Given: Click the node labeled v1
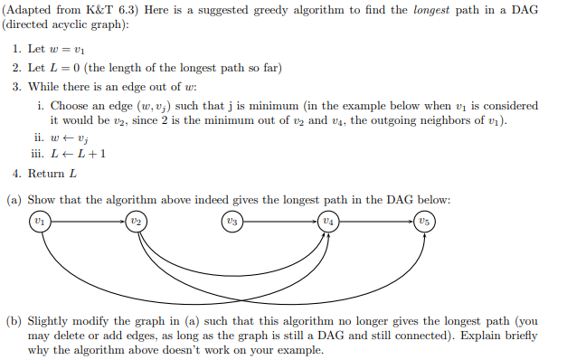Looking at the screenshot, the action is [37, 220].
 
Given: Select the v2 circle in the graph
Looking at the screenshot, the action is [136, 220].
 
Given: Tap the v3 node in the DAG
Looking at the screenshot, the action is [233, 220].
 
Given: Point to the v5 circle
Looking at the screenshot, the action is [425, 220].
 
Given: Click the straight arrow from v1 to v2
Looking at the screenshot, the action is [86, 220].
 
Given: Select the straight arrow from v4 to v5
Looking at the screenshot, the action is [376, 220].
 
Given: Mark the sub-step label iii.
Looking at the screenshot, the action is [42, 154].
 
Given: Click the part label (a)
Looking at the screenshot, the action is [14, 199].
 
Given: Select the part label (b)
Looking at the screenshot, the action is [14, 321].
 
